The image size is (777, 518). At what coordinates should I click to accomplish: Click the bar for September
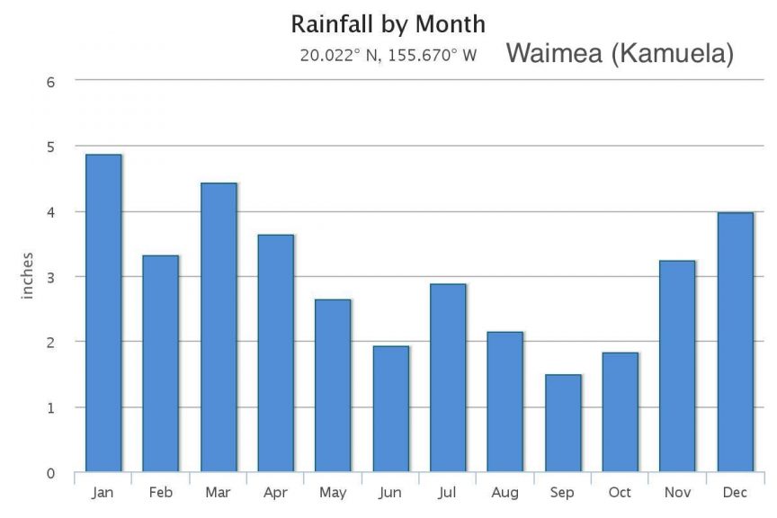tap(563, 423)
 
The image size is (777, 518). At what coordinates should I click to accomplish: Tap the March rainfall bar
tap(219, 327)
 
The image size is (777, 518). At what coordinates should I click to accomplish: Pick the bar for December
tap(735, 342)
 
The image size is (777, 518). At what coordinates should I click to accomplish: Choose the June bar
tap(390, 408)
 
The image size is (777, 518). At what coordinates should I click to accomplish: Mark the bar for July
tap(448, 378)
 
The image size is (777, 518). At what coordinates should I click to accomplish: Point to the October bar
tap(621, 412)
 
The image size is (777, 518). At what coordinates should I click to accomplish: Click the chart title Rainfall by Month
tap(388, 23)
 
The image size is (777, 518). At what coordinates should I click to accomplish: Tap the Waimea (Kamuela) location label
tap(621, 54)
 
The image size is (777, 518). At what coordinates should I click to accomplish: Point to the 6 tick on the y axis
tap(50, 81)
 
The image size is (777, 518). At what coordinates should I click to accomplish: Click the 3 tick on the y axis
tap(50, 277)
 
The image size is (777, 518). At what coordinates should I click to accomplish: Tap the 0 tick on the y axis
tap(50, 473)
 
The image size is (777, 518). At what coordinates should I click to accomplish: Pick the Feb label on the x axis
tap(161, 493)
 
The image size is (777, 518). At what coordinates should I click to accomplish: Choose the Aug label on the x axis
tap(505, 493)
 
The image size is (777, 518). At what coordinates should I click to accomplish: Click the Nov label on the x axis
tap(677, 493)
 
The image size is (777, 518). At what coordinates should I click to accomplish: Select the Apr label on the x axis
tap(275, 493)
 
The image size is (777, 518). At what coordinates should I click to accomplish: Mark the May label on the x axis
tap(333, 493)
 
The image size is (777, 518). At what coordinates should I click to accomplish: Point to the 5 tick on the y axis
tap(50, 147)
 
